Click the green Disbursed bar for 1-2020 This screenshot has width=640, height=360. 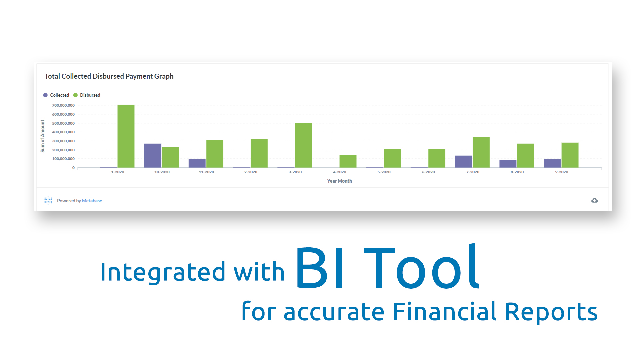pos(126,136)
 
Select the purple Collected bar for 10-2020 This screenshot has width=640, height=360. pos(153,156)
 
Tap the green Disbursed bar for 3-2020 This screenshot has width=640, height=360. pos(304,145)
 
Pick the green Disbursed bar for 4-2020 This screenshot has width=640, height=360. pos(348,161)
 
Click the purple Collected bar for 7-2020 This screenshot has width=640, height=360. pos(464,162)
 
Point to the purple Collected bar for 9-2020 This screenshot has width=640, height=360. pos(552,163)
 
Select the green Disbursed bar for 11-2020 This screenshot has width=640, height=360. pos(215,154)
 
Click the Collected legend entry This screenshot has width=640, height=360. pos(56,95)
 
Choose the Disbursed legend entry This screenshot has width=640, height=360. pos(87,95)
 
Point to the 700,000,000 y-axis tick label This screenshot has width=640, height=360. pos(63,105)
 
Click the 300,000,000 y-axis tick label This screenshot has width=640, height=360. pos(63,141)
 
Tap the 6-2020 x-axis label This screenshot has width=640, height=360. pos(428,172)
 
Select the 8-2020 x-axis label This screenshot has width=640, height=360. pos(517,172)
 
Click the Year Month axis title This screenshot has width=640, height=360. pos(339,181)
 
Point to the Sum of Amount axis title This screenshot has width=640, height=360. pos(43,136)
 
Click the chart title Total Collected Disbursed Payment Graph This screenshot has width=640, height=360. pos(109,76)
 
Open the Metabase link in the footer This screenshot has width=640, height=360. pos(92,201)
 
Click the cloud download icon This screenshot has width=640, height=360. pos(595,200)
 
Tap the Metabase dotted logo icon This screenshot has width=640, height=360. pos(48,200)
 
